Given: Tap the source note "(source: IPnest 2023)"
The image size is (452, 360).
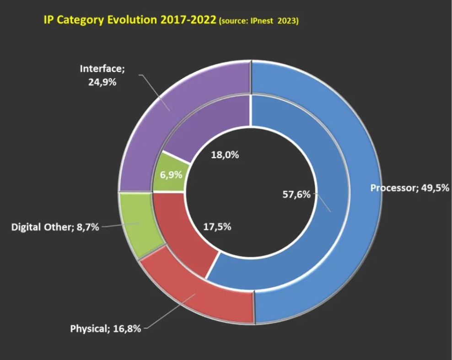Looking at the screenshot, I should pyautogui.click(x=259, y=21).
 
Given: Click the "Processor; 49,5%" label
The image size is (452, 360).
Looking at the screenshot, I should pyautogui.click(x=409, y=188).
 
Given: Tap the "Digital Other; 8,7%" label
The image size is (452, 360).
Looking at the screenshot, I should pyautogui.click(x=55, y=227).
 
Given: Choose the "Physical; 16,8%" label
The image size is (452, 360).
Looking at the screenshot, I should pyautogui.click(x=105, y=328).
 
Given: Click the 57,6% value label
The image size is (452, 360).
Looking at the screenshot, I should pyautogui.click(x=297, y=194).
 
